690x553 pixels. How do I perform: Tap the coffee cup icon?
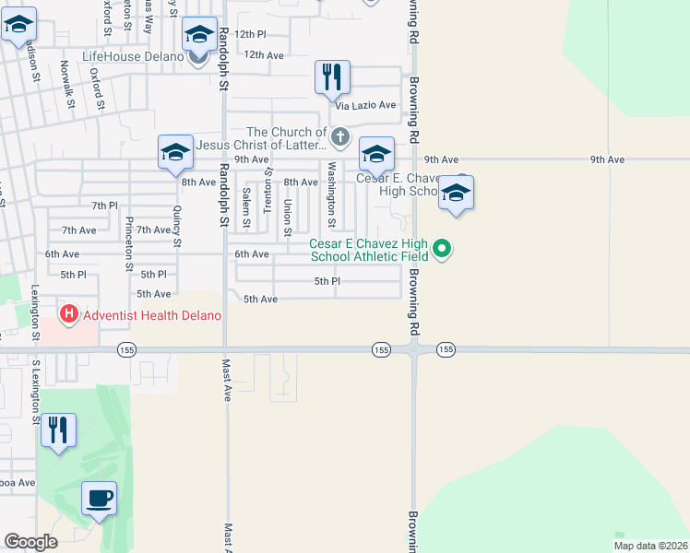tap(100, 499)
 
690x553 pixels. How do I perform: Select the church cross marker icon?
tap(340, 138)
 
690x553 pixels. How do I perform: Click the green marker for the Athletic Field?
tap(442, 247)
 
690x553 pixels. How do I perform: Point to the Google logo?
tap(30, 542)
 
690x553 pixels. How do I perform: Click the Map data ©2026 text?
tap(650, 546)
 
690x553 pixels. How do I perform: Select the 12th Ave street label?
tap(264, 55)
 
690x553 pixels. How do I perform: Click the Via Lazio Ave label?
tap(365, 105)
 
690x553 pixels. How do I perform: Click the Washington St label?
tap(330, 195)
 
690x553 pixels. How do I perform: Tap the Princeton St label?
tap(129, 239)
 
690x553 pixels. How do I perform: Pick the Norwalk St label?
tap(65, 78)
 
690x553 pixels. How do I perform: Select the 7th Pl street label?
tap(104, 205)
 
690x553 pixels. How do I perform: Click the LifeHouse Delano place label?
tap(134, 56)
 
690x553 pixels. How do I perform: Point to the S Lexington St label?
tap(36, 392)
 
